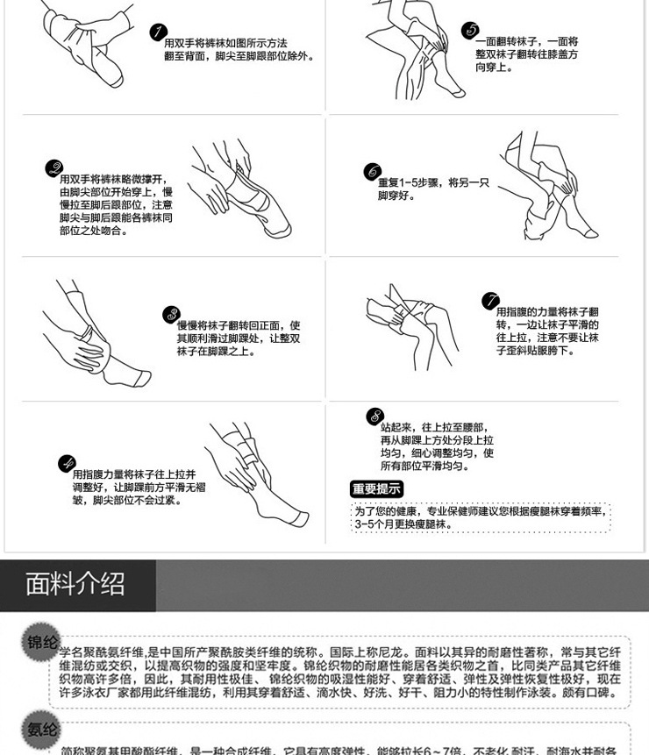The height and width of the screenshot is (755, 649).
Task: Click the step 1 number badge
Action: click(158, 32)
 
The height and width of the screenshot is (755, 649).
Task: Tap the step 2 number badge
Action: click(54, 169)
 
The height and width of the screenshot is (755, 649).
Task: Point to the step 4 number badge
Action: click(67, 464)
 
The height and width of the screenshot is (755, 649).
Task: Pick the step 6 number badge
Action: click(373, 172)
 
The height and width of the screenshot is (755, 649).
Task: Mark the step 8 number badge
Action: click(374, 417)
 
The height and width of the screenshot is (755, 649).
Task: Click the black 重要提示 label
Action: click(376, 489)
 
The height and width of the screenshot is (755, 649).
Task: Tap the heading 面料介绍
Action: click(75, 584)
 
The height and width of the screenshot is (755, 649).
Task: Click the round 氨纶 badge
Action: click(41, 730)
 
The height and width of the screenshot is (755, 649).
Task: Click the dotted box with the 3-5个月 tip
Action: click(481, 517)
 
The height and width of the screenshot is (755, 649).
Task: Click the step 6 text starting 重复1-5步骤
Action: click(433, 189)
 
